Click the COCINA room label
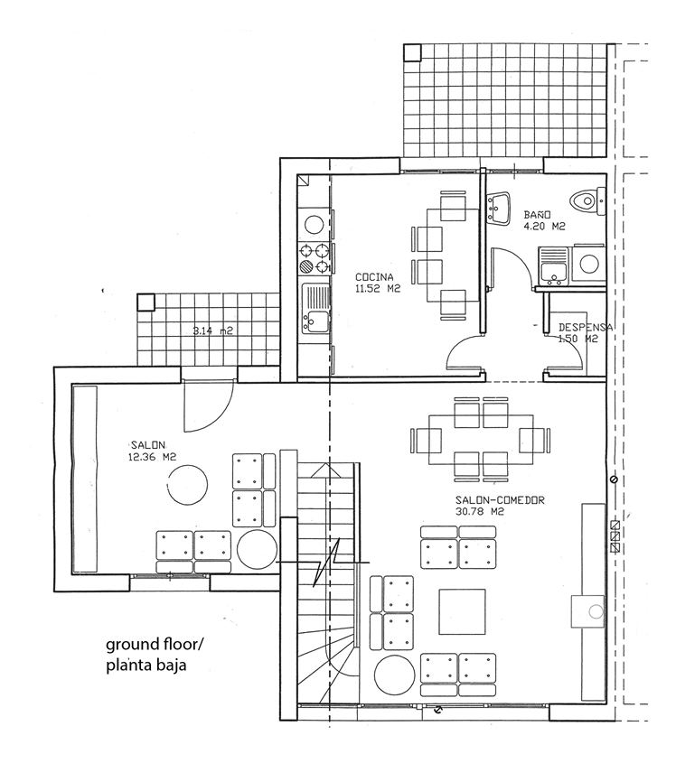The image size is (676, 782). (374, 277)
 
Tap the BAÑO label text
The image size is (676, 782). (537, 215)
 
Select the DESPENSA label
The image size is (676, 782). (586, 328)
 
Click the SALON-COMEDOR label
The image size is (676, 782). (500, 500)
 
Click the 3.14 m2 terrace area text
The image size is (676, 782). (213, 330)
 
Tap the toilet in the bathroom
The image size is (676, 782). (587, 201)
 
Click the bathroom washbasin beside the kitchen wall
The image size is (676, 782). (498, 208)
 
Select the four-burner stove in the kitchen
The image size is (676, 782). (314, 258)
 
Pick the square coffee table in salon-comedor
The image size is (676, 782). (463, 612)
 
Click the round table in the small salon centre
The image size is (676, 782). (187, 485)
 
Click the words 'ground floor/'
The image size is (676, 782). (155, 645)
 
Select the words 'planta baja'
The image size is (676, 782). (146, 666)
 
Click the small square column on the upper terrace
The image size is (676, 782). (412, 52)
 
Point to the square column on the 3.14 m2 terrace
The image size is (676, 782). (146, 303)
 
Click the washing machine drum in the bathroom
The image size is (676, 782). (589, 264)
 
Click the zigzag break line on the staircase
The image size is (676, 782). (326, 562)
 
